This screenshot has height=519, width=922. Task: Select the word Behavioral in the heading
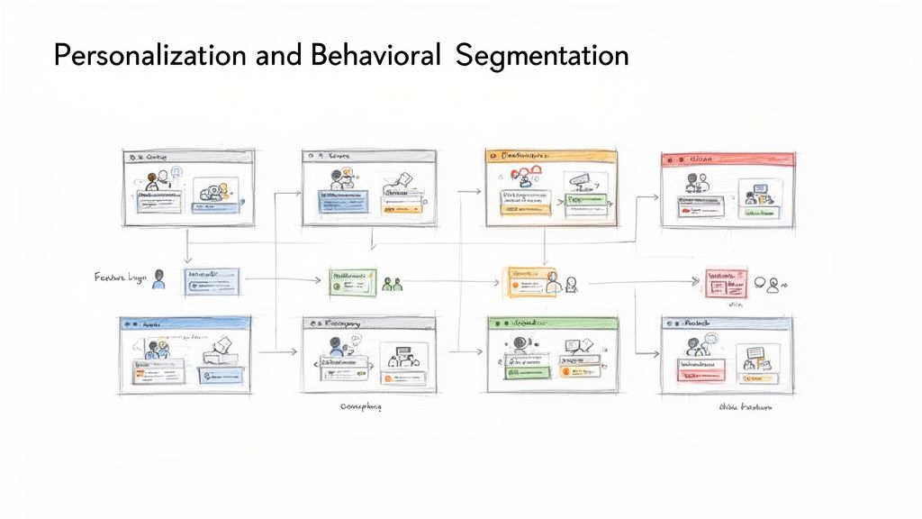click(x=375, y=56)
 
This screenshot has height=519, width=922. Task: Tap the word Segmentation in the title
click(x=542, y=56)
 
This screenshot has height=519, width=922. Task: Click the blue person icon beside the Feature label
click(x=159, y=279)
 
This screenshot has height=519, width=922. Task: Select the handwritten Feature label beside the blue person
click(x=119, y=278)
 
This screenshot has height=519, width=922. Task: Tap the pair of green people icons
click(x=392, y=284)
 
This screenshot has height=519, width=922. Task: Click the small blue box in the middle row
click(x=213, y=282)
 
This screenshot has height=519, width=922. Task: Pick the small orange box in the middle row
click(x=530, y=281)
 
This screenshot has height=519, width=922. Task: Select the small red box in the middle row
click(x=726, y=283)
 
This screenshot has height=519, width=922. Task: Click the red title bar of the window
click(x=728, y=159)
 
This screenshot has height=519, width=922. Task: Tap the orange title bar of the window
click(x=551, y=156)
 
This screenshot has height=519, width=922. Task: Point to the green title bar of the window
click(x=551, y=322)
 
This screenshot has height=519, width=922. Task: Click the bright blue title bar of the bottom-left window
click(x=185, y=322)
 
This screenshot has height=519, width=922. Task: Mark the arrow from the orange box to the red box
click(x=643, y=283)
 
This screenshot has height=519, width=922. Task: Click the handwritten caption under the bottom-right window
click(x=746, y=407)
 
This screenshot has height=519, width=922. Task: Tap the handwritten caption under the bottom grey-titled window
click(x=360, y=407)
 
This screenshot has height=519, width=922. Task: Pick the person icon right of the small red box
click(x=772, y=283)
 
